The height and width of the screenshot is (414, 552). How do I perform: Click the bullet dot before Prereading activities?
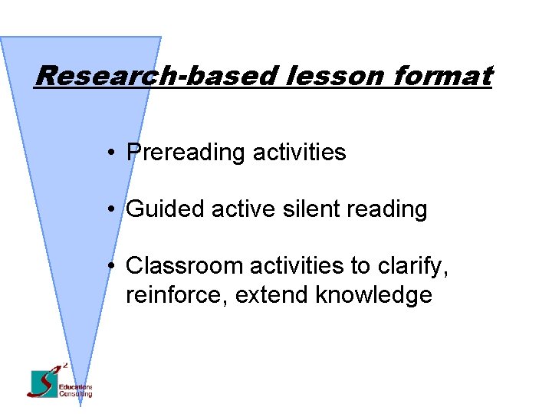(112, 153)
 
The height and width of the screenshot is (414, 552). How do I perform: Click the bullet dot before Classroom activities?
(112, 267)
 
